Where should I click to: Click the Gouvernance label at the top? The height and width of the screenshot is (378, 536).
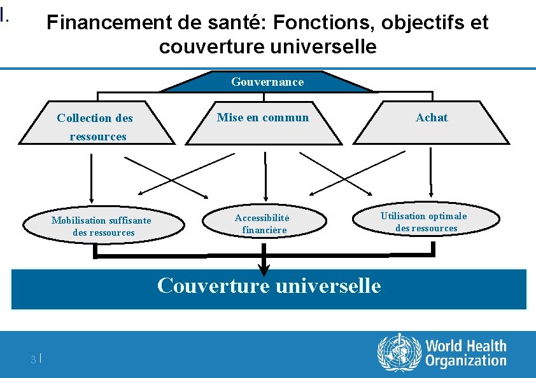(267, 82)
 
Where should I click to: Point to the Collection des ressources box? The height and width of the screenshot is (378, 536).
(95, 126)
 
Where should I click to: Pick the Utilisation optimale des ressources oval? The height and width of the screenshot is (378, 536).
(425, 222)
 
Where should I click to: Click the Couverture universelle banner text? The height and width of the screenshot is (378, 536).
(269, 286)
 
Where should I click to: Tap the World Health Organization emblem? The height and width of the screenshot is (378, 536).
(399, 353)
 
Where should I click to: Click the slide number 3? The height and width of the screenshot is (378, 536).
(33, 360)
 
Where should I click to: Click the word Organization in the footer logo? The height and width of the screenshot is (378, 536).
(465, 361)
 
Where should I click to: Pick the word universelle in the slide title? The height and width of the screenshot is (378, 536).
(323, 47)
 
